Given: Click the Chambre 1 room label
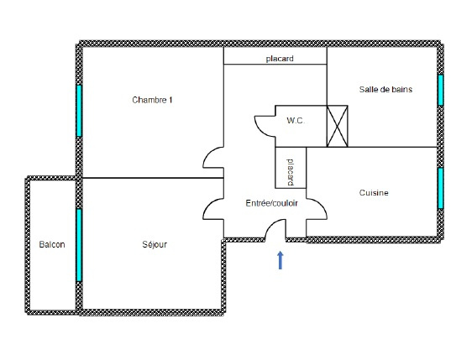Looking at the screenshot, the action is coord(152,100).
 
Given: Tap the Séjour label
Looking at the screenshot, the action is coord(155,244).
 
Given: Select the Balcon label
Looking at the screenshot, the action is coord(52,244).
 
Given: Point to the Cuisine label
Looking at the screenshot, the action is coord(374,193).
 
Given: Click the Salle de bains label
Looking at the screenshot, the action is coord(385,89).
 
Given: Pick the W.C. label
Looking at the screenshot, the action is coord(296,120).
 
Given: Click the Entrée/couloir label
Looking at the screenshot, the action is coord(271,203).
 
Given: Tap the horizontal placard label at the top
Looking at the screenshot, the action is coord(280,59).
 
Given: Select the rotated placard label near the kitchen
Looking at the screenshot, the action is coord(291,172).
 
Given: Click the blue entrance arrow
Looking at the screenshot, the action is coord(280,260).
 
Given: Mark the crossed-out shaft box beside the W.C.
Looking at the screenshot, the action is coord(338,126).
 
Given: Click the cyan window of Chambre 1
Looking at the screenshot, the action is coord(79,111).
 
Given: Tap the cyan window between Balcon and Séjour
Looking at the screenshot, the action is coord(79,245).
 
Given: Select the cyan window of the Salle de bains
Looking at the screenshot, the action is coord(441,90).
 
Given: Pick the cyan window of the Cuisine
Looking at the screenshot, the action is coord(441,188).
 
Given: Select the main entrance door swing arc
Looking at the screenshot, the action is coord(270,225).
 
